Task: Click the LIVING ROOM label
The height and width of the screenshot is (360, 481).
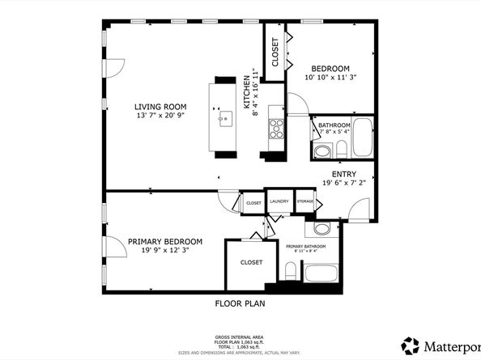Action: pos(161,106)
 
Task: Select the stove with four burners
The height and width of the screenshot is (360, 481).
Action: pos(275,127)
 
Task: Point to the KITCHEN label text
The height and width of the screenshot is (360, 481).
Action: pos(248,92)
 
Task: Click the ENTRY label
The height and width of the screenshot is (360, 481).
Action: pos(344,174)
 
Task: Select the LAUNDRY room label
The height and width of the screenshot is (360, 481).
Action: pos(279,201)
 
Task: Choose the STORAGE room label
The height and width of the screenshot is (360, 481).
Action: pos(304,201)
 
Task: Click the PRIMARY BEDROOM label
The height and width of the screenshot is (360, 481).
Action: pos(164,241)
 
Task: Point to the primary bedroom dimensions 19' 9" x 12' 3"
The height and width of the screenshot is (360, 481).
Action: pos(164,251)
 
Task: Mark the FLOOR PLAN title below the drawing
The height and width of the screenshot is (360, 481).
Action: pos(240,304)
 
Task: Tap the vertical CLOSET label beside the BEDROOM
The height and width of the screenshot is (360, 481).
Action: pos(275,53)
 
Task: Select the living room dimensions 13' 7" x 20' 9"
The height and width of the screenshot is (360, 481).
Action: pos(161,116)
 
